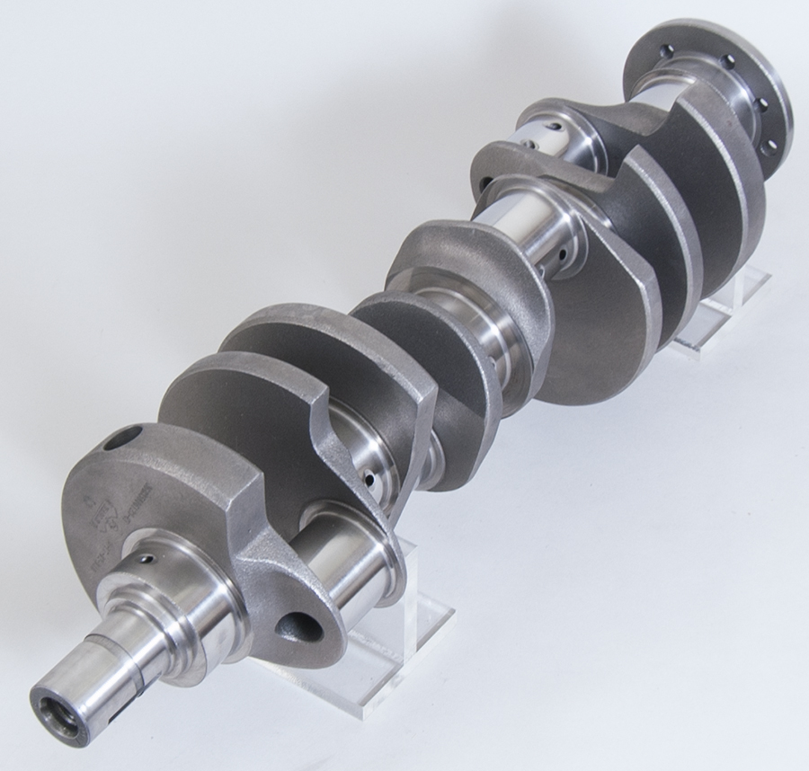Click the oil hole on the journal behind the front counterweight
(x=369, y=479)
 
